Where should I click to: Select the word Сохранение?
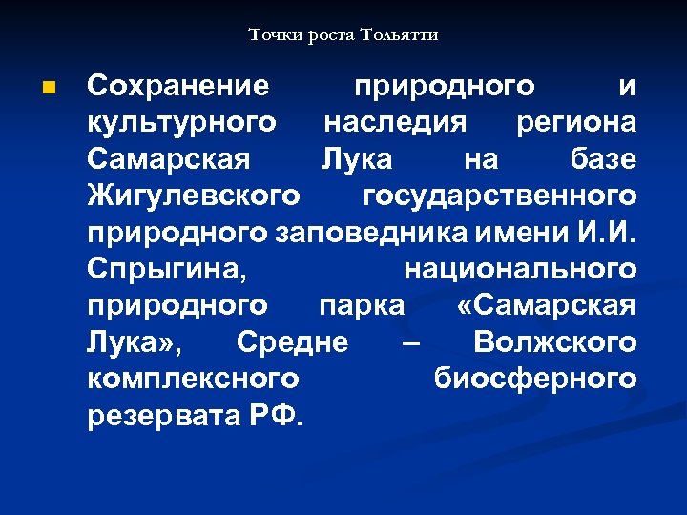[178, 87]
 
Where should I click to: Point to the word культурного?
[182, 123]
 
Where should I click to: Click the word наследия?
[395, 123]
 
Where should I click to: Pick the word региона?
[575, 123]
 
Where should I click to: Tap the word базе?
[603, 159]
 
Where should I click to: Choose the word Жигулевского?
[194, 196]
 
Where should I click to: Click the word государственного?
[500, 196]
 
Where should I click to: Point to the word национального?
[520, 269]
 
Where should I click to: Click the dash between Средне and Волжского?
[410, 341]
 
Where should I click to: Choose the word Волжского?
[554, 341]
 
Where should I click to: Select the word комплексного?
[193, 378]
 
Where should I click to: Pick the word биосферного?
[534, 378]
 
